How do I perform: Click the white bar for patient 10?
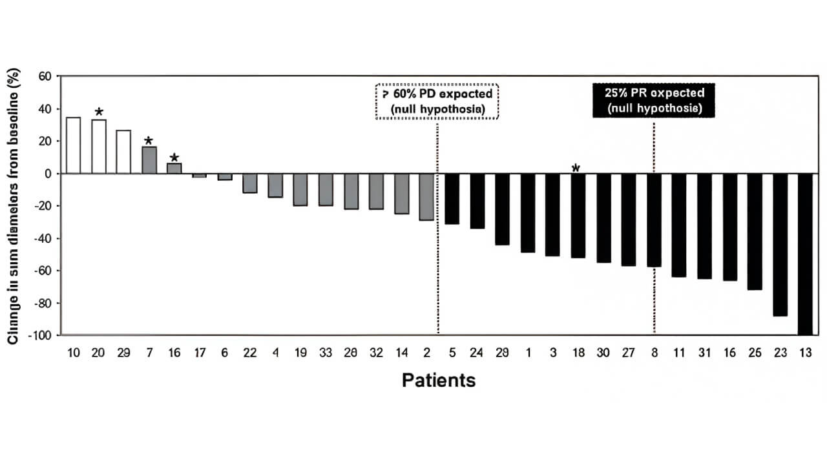pos(74,145)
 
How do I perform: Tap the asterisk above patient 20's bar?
pos(99,112)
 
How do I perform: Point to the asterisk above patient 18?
pos(576,169)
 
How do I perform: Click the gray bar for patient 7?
pos(149,160)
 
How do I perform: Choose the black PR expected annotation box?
pos(654,101)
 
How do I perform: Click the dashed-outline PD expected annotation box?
pos(437,101)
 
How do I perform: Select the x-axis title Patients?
pos(438,380)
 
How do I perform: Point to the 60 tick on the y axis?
pos(44,76)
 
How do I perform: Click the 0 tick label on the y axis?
pos(47,174)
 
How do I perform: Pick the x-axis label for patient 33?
pos(325,353)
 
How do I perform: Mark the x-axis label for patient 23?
pos(780,353)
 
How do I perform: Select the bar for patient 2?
pos(426,197)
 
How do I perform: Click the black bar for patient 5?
pos(451,199)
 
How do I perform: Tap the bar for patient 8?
pos(654,220)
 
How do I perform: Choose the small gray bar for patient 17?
pos(199,176)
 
